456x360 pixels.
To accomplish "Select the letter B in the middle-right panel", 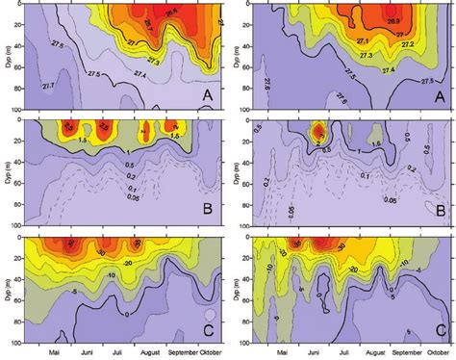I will [x=439, y=208].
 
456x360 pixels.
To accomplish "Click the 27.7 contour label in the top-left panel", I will [x=49, y=87].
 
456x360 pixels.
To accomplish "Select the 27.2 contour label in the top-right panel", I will [x=409, y=44].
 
